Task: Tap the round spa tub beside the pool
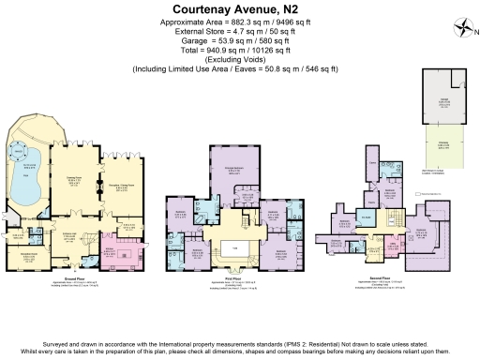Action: [x=19, y=149]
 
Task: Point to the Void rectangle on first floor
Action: [x=236, y=247]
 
